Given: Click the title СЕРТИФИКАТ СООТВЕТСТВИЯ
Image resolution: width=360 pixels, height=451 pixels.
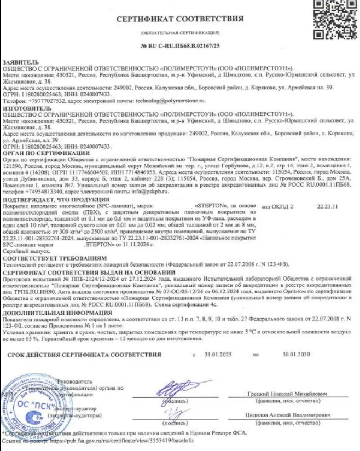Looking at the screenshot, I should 180,18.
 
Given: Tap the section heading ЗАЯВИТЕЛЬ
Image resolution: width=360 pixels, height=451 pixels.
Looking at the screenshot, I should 21,62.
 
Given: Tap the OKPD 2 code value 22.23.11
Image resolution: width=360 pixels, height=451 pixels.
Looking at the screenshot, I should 328,207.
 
